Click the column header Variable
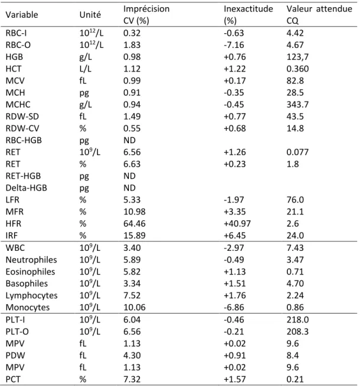coord(22,15)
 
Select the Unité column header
coord(90,15)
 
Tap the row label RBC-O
coord(18,45)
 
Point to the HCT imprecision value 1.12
coord(132,69)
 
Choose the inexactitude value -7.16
coord(233,45)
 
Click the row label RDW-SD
coord(22,117)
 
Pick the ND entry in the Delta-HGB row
coord(129,188)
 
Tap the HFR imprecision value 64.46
coord(134,224)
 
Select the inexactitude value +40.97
coord(237,224)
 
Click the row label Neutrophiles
coord(31,260)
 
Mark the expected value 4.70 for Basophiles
coord(295,283)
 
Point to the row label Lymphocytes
coord(31,296)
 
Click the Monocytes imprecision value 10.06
coord(134,308)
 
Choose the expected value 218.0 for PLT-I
coord(297,320)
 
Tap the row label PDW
coord(15,356)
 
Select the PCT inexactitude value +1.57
coord(235,379)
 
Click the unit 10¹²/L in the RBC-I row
coord(92,33)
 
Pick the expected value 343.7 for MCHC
coord(297,105)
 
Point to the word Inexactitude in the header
coord(248,9)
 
